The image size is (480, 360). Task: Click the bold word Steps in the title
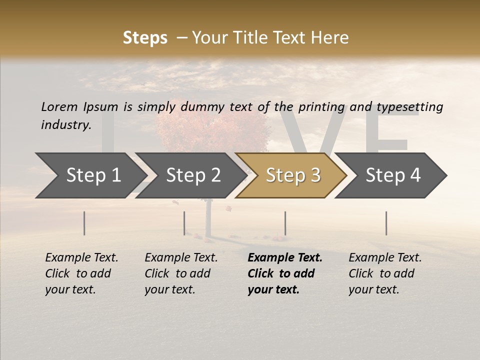(x=145, y=38)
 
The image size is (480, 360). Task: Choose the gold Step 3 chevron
(x=292, y=175)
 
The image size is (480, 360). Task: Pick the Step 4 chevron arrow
(x=392, y=175)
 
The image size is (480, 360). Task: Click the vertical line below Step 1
(x=84, y=223)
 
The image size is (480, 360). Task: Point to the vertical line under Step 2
(x=184, y=223)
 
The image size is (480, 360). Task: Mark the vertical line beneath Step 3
(x=285, y=223)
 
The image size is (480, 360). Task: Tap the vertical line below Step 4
(x=386, y=223)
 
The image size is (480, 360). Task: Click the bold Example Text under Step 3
(x=285, y=258)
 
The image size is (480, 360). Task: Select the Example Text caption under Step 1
(x=81, y=258)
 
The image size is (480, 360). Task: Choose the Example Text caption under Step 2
(x=181, y=258)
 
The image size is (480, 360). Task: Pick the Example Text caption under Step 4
(x=385, y=258)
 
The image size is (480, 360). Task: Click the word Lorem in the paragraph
(x=59, y=106)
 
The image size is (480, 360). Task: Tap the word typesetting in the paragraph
(x=409, y=107)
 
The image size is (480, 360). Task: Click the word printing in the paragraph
(x=321, y=107)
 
